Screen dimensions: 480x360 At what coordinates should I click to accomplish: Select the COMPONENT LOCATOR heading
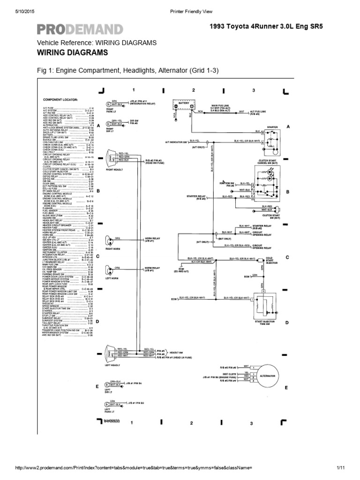60,100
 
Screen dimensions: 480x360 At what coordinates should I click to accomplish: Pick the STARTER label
272,127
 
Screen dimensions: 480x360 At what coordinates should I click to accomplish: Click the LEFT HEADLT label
113,364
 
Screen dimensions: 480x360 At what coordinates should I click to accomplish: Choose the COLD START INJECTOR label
272,261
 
